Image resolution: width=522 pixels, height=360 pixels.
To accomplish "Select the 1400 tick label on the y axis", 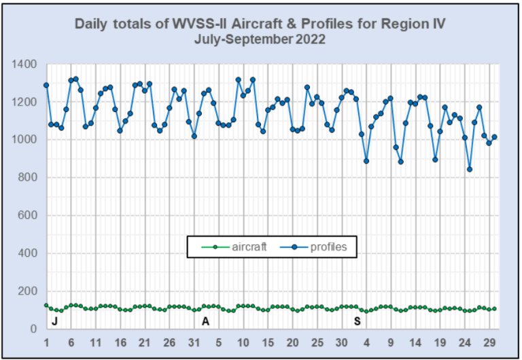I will pos(25,65).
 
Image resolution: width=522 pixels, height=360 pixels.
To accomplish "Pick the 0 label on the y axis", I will pos(35,329).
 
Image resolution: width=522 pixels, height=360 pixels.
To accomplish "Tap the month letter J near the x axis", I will pos(54,320).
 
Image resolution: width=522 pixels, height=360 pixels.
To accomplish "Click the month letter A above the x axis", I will pos(206,320).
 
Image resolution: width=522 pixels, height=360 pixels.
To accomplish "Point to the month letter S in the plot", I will pos(357,320).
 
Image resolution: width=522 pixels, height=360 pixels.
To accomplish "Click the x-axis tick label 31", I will pos(194,342).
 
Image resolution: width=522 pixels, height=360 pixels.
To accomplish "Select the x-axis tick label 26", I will pos(169,342).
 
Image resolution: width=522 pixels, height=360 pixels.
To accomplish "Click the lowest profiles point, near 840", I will pos(470,169).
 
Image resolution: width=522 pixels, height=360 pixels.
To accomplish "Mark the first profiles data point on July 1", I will pos(46,85).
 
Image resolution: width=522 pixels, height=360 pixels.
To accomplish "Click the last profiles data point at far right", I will pos(495,137).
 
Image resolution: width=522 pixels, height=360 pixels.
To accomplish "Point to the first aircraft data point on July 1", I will pos(46,306).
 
